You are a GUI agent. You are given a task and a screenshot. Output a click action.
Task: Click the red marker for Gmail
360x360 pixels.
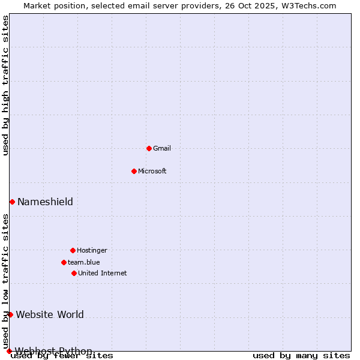pos(149,148)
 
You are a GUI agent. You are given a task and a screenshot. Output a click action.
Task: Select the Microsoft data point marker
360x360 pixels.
pos(134,171)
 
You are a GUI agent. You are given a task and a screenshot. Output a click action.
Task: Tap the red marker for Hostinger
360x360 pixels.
pos(73,250)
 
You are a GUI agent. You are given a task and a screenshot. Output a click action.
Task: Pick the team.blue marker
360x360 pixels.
pos(64,262)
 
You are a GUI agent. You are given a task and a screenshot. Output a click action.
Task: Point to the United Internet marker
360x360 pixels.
pos(74,273)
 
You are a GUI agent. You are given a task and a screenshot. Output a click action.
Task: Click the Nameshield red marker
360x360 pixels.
pos(12,202)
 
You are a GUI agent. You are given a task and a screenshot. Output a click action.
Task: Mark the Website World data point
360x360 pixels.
pos(10,314)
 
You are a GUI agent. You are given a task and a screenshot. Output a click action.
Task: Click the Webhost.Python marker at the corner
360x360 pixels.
pos(9,351)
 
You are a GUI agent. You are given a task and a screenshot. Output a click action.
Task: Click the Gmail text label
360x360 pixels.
pos(162,148)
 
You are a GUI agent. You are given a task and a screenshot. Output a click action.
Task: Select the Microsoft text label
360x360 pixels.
pos(152,171)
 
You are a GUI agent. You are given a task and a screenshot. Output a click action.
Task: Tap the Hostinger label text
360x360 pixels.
pos(92,250)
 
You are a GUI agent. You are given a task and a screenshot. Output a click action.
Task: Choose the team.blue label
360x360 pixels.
pos(84,262)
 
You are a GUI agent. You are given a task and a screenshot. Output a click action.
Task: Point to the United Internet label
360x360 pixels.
pos(103,273)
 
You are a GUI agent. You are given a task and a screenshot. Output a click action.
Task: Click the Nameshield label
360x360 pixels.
pos(45,202)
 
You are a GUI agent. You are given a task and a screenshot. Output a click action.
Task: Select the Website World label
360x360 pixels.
pos(50,314)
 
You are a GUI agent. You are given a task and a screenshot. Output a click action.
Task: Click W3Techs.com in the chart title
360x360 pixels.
pos(310,5)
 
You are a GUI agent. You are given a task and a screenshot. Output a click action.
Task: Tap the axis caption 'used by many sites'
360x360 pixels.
pos(301,355)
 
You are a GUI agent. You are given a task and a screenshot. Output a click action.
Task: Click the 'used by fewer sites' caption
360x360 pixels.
pos(62,355)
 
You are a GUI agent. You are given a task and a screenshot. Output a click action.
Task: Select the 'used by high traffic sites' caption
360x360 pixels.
pos(5,85)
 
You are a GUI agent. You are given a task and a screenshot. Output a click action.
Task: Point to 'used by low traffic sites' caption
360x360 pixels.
pos(5,281)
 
